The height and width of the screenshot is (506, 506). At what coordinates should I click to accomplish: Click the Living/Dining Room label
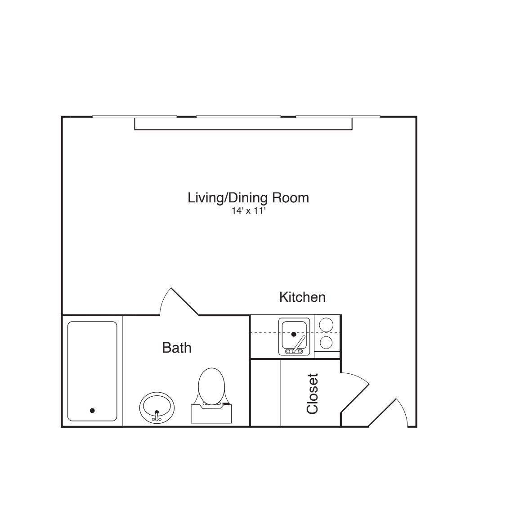pyautogui.click(x=248, y=197)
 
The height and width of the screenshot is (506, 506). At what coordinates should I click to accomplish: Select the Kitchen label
pyautogui.click(x=302, y=297)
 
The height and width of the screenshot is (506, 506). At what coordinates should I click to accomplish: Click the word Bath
pyautogui.click(x=177, y=348)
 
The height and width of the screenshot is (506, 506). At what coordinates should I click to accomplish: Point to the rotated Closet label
pyautogui.click(x=312, y=394)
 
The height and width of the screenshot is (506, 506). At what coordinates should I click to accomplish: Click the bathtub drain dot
pyautogui.click(x=92, y=410)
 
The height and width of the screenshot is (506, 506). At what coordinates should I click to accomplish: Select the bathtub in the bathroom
pyautogui.click(x=92, y=371)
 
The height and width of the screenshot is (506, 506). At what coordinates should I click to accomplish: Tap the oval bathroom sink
pyautogui.click(x=157, y=407)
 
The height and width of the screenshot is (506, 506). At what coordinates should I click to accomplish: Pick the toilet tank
pyautogui.click(x=211, y=414)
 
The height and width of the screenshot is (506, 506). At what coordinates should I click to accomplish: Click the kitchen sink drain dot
pyautogui.click(x=294, y=334)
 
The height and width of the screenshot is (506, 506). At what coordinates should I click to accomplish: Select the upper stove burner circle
pyautogui.click(x=326, y=324)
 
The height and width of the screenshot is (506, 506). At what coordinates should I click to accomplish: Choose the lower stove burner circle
pyautogui.click(x=326, y=343)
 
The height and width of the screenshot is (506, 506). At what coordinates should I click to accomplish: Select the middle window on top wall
pyautogui.click(x=238, y=117)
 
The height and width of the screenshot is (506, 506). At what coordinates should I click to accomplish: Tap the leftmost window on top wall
pyautogui.click(x=134, y=117)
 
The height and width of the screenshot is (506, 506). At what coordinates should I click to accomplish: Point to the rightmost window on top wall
pyautogui.click(x=338, y=117)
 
